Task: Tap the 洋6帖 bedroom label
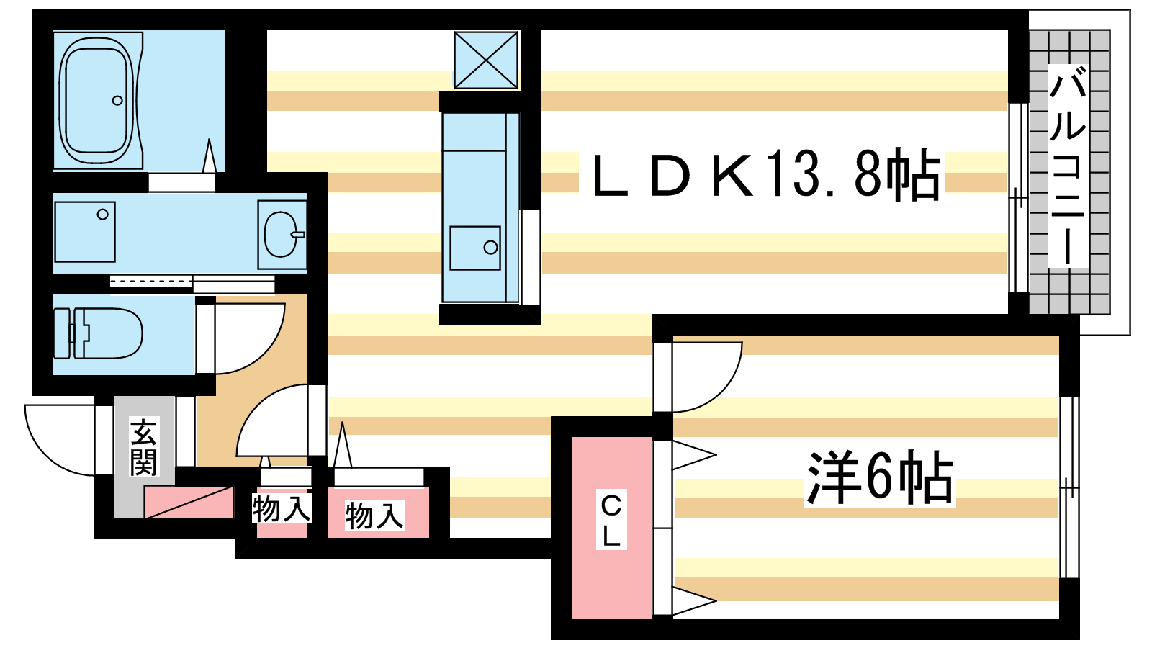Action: coord(880,478)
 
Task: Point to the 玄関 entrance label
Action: coord(143,447)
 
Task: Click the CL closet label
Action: coord(611,519)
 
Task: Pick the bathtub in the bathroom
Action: coord(96,100)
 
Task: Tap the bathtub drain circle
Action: coord(117,100)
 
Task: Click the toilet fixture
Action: coord(98,333)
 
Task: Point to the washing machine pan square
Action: coord(85,231)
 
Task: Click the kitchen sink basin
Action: coord(475,248)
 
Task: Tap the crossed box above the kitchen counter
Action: coord(486,60)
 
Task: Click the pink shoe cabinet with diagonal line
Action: coord(189,502)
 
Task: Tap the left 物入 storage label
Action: coord(282,508)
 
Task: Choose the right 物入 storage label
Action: coord(375,516)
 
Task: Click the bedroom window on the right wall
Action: coord(1069,487)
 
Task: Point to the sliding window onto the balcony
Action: coord(1018,197)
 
